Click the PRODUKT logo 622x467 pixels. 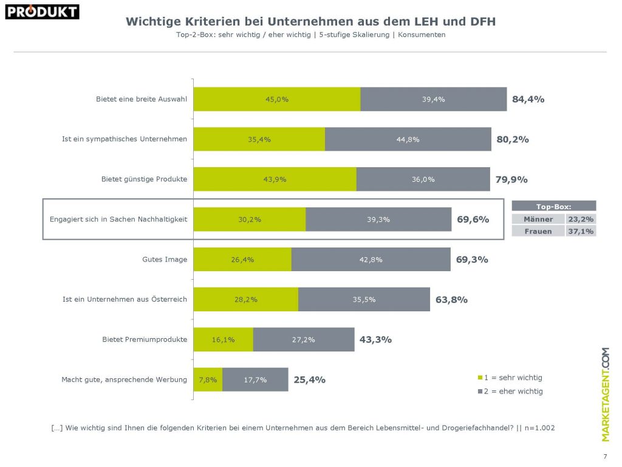[x=43, y=12]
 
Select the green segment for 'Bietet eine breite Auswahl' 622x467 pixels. [x=277, y=99]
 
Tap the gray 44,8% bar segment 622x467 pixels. [x=408, y=139]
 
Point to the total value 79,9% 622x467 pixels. [x=511, y=179]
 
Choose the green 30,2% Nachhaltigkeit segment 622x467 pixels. [x=250, y=220]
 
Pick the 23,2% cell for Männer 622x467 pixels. [x=581, y=219]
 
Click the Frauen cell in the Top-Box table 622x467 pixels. [x=538, y=231]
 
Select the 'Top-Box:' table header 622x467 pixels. [x=554, y=206]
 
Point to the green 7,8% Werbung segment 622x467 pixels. [x=208, y=379]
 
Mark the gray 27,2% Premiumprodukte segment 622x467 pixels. [x=304, y=339]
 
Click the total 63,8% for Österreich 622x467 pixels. [x=451, y=299]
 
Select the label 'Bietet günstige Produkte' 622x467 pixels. [x=144, y=179]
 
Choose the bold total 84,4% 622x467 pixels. [x=528, y=99]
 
